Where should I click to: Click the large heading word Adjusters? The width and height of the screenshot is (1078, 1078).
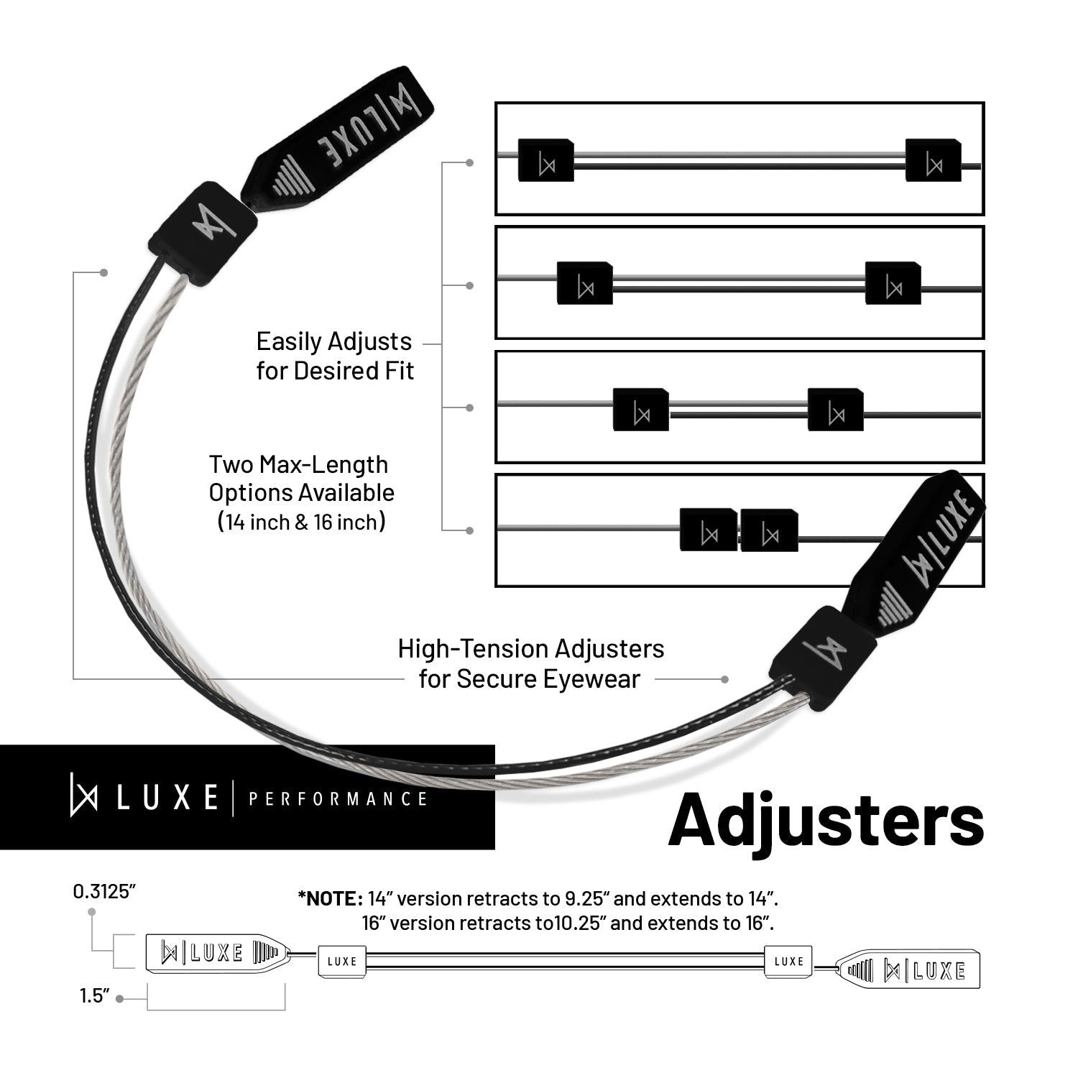pos(826,820)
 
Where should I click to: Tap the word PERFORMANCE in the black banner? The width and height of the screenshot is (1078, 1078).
pos(338,799)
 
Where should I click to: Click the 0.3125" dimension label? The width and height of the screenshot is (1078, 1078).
pos(104,892)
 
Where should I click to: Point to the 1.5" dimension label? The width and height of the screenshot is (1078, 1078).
pos(94,997)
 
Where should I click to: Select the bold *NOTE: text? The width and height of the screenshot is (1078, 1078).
pos(330,898)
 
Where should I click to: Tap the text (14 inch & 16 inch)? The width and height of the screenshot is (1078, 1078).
pos(301,522)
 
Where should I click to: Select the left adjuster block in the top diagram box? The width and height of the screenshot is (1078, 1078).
pos(546,160)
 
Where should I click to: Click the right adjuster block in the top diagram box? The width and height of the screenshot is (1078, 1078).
pos(933,160)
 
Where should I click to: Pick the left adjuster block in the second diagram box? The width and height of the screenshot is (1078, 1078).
pos(584,283)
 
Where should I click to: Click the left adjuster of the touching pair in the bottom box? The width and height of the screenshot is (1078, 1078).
pos(709,530)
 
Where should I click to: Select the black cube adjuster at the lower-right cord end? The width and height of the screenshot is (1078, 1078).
pos(824,643)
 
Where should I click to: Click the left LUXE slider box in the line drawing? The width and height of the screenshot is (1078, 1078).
pos(342,961)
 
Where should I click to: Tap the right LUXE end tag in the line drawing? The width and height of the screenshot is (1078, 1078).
pos(911,969)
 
